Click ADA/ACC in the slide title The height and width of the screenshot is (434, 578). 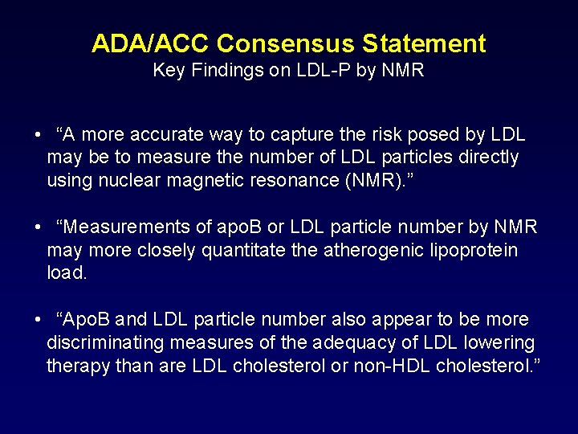coord(150,43)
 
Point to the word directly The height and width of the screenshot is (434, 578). coord(488,158)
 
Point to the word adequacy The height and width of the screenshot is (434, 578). coord(354,343)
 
